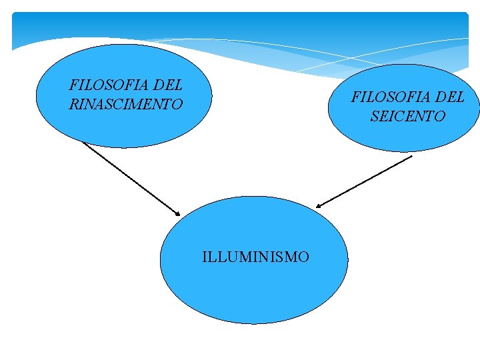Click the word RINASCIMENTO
click(126, 105)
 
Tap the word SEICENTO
click(407, 116)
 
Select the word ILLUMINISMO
click(255, 257)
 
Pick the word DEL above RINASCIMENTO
click(168, 85)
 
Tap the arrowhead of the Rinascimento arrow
click(179, 215)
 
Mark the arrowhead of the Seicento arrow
click(318, 207)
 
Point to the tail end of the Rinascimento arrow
click(83, 142)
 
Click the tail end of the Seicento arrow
click(412, 156)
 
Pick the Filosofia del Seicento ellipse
click(404, 137)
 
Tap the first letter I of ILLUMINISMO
click(205, 257)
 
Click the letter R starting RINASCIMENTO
click(73, 105)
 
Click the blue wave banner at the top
click(240, 30)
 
